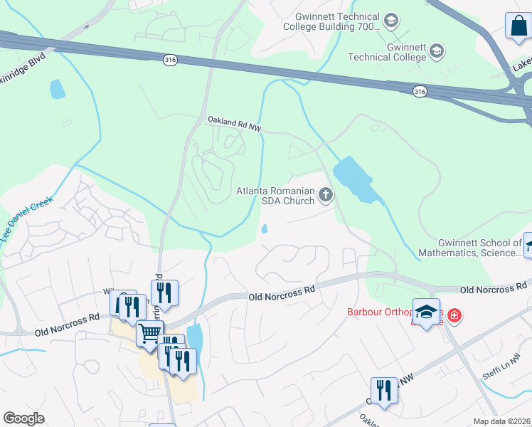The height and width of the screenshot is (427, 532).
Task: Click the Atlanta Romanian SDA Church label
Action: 275,196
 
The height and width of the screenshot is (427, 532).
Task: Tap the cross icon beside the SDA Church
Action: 326,194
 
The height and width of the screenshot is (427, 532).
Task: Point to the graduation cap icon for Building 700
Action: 390,21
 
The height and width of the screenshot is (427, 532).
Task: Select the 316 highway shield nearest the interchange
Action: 420,90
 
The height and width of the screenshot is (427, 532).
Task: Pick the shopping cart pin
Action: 149,332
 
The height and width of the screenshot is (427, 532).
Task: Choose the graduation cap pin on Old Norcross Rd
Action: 426,313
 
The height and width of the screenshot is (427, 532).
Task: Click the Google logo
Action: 24,418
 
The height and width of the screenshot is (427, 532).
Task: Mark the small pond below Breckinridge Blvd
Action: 57,89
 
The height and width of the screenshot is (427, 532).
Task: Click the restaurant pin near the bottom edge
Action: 384,391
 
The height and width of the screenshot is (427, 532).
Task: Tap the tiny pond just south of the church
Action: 265,228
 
